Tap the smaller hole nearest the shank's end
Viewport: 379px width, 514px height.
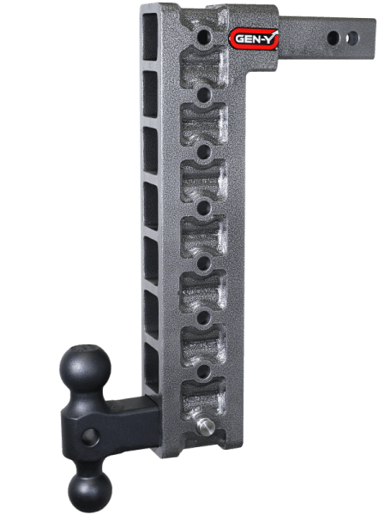pyautogui.click(x=347, y=37)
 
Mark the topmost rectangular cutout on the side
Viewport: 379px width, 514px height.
pyautogui.click(x=151, y=43)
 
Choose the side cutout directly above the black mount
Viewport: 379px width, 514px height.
pyautogui.click(x=151, y=367)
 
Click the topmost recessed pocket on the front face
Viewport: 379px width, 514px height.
pyautogui.click(x=203, y=65)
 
